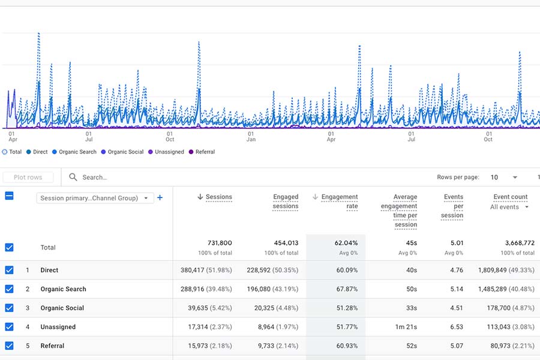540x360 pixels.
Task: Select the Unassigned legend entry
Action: (169, 152)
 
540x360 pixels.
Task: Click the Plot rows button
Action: (28, 178)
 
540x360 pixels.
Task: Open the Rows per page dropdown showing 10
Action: (504, 178)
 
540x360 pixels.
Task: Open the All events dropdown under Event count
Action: (509, 207)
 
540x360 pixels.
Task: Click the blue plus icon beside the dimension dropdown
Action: (160, 198)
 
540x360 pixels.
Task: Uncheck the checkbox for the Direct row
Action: (9, 270)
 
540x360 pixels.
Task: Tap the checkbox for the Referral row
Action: (9, 346)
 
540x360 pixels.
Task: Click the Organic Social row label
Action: (62, 308)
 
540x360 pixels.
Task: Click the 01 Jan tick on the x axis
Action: (251, 136)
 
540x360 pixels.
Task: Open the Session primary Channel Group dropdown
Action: (95, 198)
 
